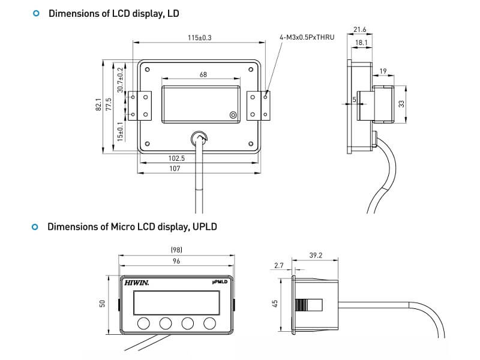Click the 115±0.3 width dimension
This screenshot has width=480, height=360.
[200, 38]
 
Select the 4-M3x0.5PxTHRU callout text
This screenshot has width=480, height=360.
[307, 37]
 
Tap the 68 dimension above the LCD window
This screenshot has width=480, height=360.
[203, 74]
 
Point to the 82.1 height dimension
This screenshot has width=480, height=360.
[98, 104]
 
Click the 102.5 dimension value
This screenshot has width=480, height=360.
[176, 158]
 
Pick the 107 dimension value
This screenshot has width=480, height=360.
[175, 169]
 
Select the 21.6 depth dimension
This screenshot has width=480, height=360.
[359, 29]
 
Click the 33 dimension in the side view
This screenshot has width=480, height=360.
[401, 104]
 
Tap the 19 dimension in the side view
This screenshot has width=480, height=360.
[383, 71]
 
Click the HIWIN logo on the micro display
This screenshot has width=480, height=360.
[137, 283]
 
